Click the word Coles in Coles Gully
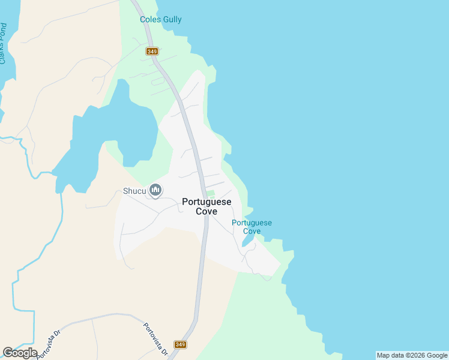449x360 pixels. pyautogui.click(x=149, y=20)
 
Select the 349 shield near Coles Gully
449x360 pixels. pyautogui.click(x=151, y=52)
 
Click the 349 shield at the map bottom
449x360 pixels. pyautogui.click(x=180, y=344)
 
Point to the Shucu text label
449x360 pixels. pyautogui.click(x=135, y=191)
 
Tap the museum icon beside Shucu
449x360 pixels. pyautogui.click(x=156, y=191)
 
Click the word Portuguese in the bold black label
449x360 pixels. pyautogui.click(x=206, y=202)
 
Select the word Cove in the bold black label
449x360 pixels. pyautogui.click(x=206, y=211)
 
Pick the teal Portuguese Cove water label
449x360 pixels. pyautogui.click(x=252, y=227)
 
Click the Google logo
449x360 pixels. pyautogui.click(x=20, y=353)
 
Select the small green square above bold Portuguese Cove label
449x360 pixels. pyautogui.click(x=210, y=193)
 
